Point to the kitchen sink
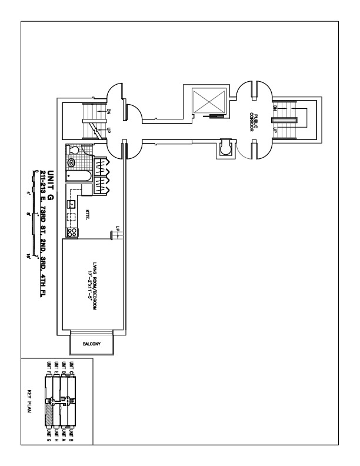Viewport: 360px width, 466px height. [71, 204]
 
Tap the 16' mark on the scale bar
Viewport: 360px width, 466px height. [28, 257]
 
